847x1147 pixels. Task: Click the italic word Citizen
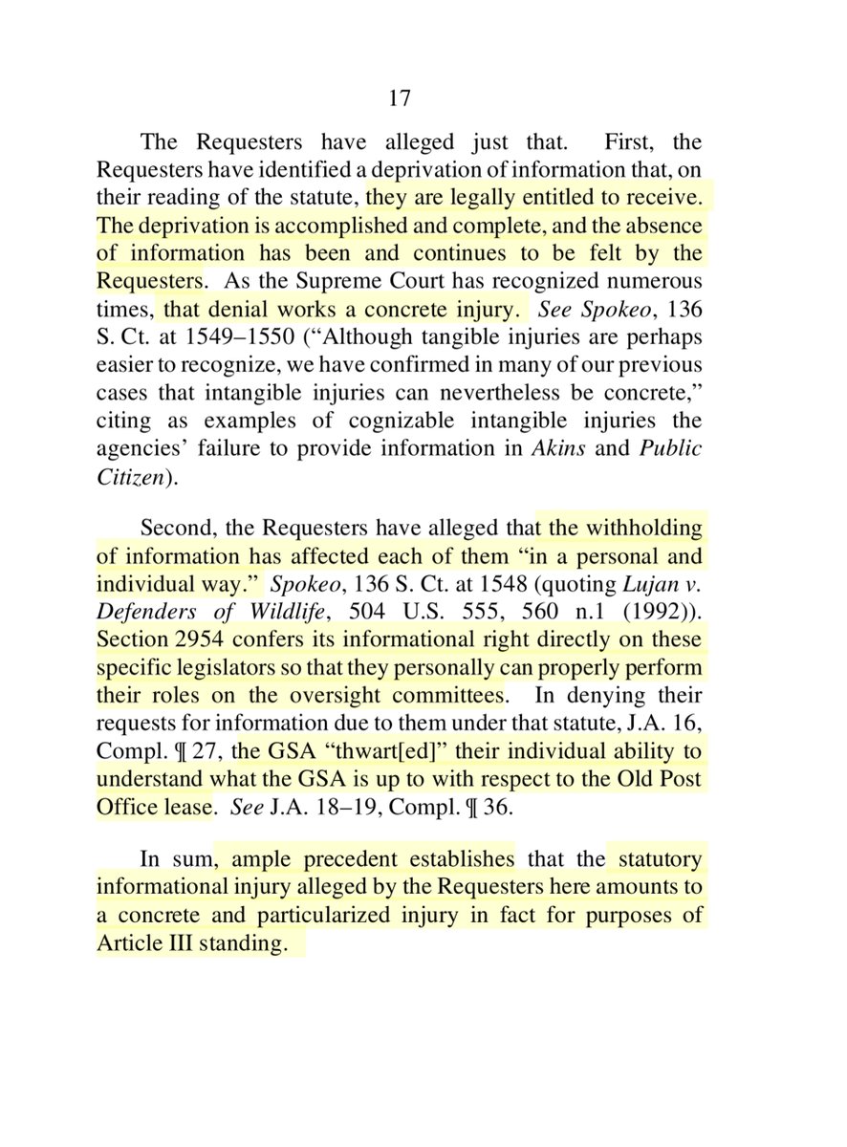click(x=129, y=476)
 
